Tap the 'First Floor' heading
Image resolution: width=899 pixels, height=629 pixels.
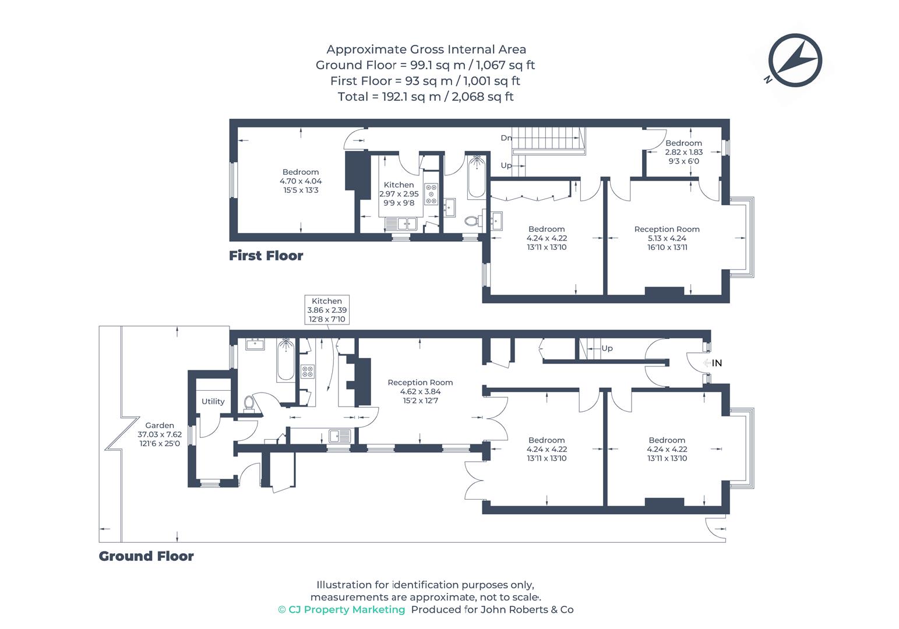[x=266, y=256]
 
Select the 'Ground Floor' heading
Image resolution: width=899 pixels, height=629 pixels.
[x=146, y=556]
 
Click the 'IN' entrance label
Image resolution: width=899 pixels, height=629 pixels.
[x=717, y=363]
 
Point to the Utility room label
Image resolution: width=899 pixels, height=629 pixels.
[x=213, y=401]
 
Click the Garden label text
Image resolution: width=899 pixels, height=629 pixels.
[x=160, y=434]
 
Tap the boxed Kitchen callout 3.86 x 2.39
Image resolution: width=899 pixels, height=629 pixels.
[x=327, y=310]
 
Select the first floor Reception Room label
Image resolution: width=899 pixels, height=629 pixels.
[x=667, y=238]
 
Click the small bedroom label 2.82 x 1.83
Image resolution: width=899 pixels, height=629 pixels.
[x=684, y=152]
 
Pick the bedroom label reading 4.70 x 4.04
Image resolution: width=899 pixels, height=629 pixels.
[x=301, y=181]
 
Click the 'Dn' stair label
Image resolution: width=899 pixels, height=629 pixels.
[x=506, y=138]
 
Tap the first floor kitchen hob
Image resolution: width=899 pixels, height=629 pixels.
[x=432, y=194]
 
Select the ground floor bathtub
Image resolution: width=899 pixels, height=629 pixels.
[x=285, y=359]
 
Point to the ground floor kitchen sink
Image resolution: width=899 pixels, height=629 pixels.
[x=340, y=436]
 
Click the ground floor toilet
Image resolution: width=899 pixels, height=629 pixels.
[x=249, y=403]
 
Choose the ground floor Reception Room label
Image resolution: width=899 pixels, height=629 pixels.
[x=420, y=391]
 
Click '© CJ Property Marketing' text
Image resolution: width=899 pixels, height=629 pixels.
[x=341, y=609]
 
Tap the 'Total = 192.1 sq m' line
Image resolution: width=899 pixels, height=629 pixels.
[x=426, y=97]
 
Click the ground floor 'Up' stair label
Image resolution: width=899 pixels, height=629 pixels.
[x=607, y=348]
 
